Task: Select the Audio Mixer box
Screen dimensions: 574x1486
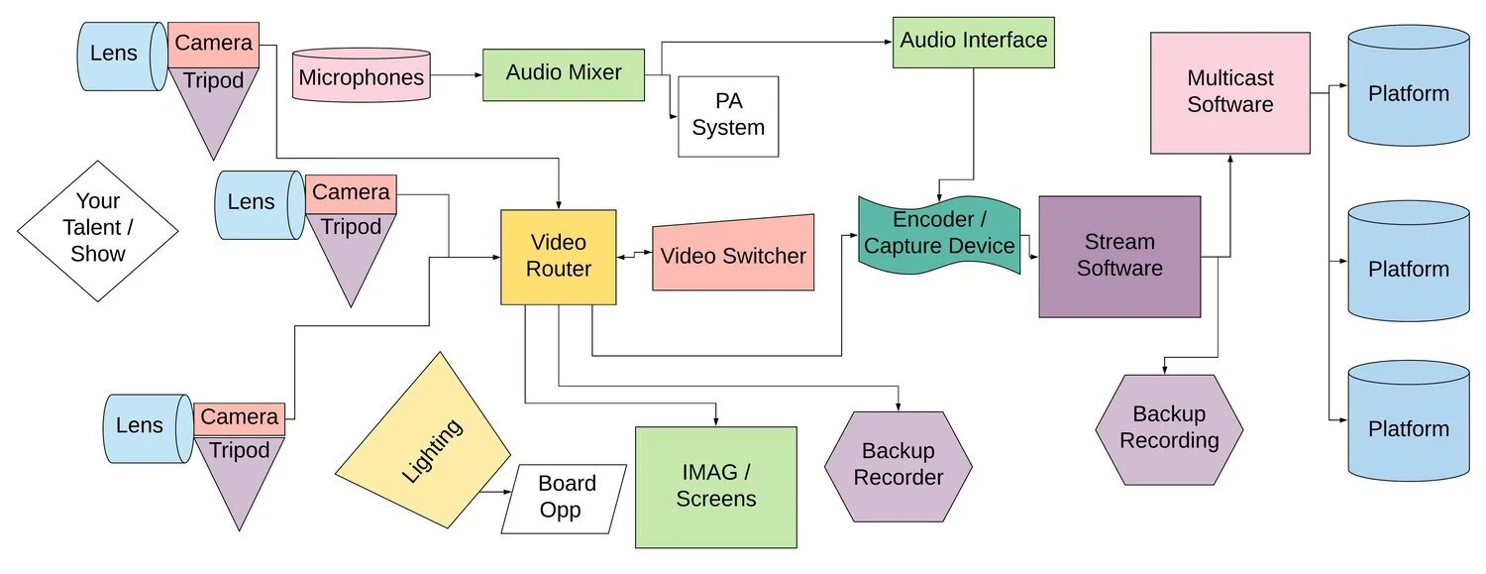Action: (x=563, y=74)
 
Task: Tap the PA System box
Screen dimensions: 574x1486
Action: (x=728, y=115)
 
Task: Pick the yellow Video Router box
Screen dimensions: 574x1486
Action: (x=559, y=257)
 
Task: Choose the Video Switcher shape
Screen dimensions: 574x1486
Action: (x=733, y=255)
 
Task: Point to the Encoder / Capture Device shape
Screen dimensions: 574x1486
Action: (x=938, y=234)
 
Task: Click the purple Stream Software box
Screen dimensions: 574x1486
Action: (x=1119, y=256)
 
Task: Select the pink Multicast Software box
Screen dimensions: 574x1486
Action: (x=1229, y=92)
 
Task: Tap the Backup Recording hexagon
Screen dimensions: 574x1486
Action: (x=1169, y=428)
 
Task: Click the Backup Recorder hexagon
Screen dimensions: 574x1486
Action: (x=898, y=465)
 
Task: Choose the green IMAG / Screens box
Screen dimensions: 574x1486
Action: (x=715, y=487)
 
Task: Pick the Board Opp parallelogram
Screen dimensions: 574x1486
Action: (x=566, y=498)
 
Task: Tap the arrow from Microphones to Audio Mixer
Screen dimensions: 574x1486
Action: (x=457, y=75)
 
